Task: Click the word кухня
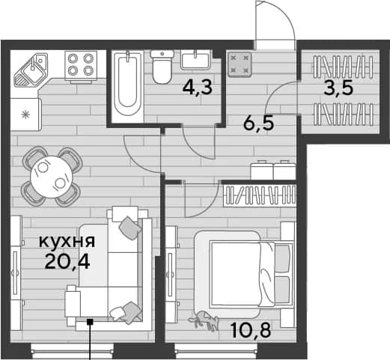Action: [x=67, y=241]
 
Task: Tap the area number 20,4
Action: [x=67, y=262]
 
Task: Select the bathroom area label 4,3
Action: [x=198, y=88]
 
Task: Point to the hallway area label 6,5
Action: [x=259, y=123]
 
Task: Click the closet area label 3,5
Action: [x=338, y=88]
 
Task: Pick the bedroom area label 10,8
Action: [x=251, y=329]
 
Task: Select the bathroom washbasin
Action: [x=195, y=60]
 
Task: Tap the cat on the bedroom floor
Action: [x=204, y=320]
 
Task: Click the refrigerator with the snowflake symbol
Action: [x=25, y=115]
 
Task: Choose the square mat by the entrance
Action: [x=240, y=64]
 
